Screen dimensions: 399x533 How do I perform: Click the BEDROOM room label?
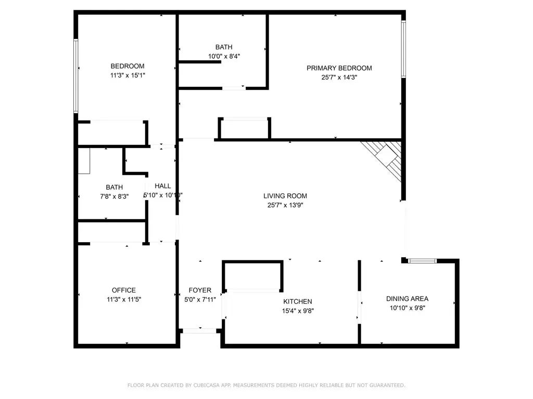click(128, 66)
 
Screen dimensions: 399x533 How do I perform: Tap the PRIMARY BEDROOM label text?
click(339, 68)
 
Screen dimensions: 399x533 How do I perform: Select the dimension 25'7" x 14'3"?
click(339, 77)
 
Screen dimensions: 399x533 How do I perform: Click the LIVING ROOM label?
click(285, 196)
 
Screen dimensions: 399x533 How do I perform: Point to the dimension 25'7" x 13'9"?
click(285, 205)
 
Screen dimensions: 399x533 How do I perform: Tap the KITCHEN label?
click(298, 301)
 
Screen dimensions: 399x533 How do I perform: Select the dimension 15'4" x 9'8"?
click(298, 311)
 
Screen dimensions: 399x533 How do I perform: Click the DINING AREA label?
click(407, 299)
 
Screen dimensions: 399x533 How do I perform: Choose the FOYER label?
click(200, 290)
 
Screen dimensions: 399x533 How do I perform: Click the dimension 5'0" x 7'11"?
click(200, 300)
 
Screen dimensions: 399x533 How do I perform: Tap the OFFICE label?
click(124, 290)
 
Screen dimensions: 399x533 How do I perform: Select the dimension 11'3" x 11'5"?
click(124, 300)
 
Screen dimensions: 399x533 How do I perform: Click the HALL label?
click(162, 186)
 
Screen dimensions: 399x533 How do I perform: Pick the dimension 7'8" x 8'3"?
click(114, 196)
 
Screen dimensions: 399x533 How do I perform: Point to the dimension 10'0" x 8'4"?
click(224, 56)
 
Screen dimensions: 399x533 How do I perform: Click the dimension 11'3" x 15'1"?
click(128, 75)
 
